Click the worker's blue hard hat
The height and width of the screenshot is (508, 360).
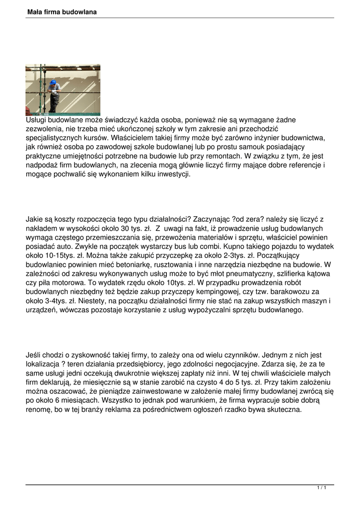(53, 82)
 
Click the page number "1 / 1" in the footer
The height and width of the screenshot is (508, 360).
(321, 489)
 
